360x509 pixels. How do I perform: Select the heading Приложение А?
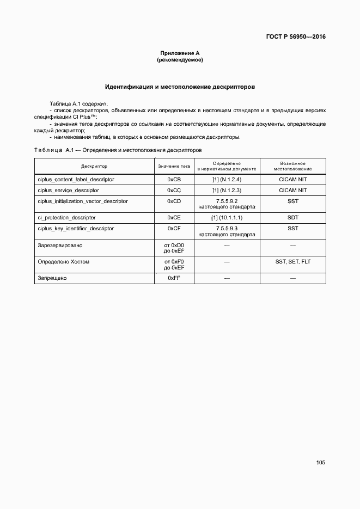180,53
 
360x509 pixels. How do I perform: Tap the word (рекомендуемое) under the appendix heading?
180,60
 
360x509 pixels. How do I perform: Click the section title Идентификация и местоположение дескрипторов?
180,87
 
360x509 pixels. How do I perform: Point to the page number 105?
320,462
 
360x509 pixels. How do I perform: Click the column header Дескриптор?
94,165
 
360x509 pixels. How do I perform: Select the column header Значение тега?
174,165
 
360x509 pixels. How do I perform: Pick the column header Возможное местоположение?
292,165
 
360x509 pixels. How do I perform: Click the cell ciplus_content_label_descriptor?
76,179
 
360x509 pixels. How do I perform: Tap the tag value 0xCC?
174,191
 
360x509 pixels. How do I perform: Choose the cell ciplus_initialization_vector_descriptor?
83,201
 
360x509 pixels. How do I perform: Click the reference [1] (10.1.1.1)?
227,217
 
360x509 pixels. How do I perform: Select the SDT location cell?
292,217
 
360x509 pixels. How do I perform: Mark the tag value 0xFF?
174,278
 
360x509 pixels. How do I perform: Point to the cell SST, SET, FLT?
292,262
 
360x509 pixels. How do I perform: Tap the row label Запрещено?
52,278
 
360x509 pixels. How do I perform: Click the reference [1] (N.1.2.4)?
227,179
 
